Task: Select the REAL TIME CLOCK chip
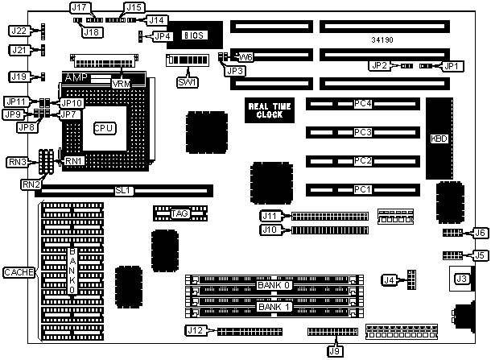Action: tap(270, 110)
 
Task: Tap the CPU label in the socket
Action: tap(104, 128)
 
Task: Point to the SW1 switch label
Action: tap(186, 82)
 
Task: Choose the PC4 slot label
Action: tap(363, 103)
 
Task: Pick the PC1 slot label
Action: tap(363, 189)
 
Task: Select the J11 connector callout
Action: tap(270, 216)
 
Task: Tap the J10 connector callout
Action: tap(270, 230)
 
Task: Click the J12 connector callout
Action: tap(196, 330)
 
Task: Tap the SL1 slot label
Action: tap(124, 191)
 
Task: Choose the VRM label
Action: tap(122, 84)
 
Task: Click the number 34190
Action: tap(383, 39)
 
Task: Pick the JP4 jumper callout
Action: tap(162, 35)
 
